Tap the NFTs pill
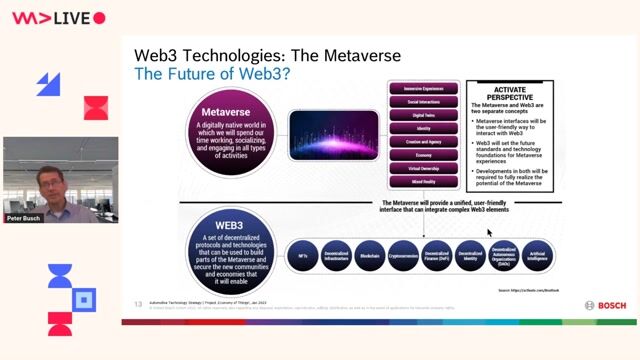(302, 257)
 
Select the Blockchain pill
(369, 257)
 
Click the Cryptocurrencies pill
(403, 257)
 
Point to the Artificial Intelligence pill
(539, 257)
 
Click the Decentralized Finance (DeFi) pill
(437, 257)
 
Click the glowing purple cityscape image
(334, 137)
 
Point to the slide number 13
(138, 302)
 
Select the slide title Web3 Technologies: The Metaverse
(268, 56)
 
